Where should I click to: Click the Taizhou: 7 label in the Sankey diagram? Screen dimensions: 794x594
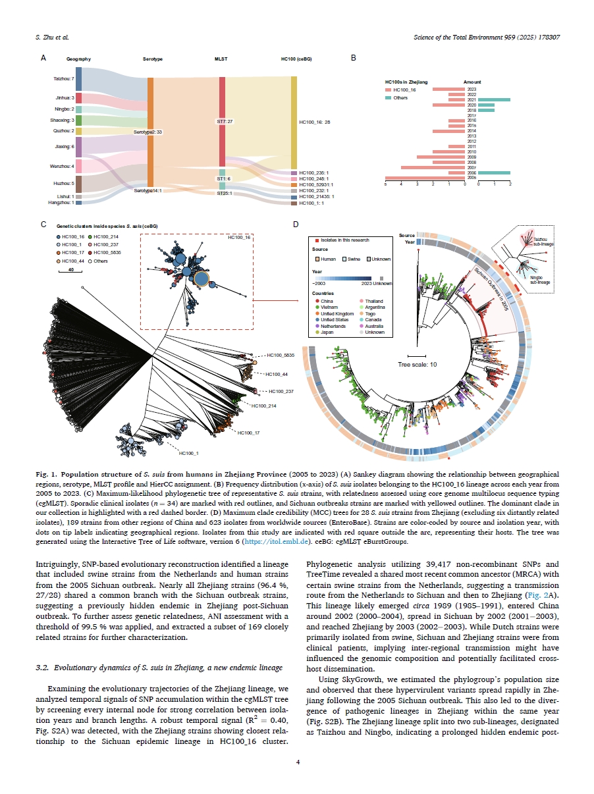pos(64,78)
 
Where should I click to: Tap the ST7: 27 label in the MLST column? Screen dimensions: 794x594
pos(225,121)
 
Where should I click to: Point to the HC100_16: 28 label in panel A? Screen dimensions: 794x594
pos(314,122)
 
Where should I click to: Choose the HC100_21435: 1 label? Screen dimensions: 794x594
pos(316,196)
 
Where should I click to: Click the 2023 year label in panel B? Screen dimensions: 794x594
pos(472,88)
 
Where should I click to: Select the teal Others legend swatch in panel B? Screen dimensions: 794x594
pos(389,97)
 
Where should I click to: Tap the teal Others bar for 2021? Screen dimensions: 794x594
pos(494,99)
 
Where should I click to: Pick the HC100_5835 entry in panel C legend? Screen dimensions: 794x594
pos(105,252)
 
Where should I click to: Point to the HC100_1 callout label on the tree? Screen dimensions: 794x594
pos(188,453)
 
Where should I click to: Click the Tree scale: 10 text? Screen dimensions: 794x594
pos(417,364)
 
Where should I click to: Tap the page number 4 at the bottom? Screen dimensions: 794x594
pos(297,762)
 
